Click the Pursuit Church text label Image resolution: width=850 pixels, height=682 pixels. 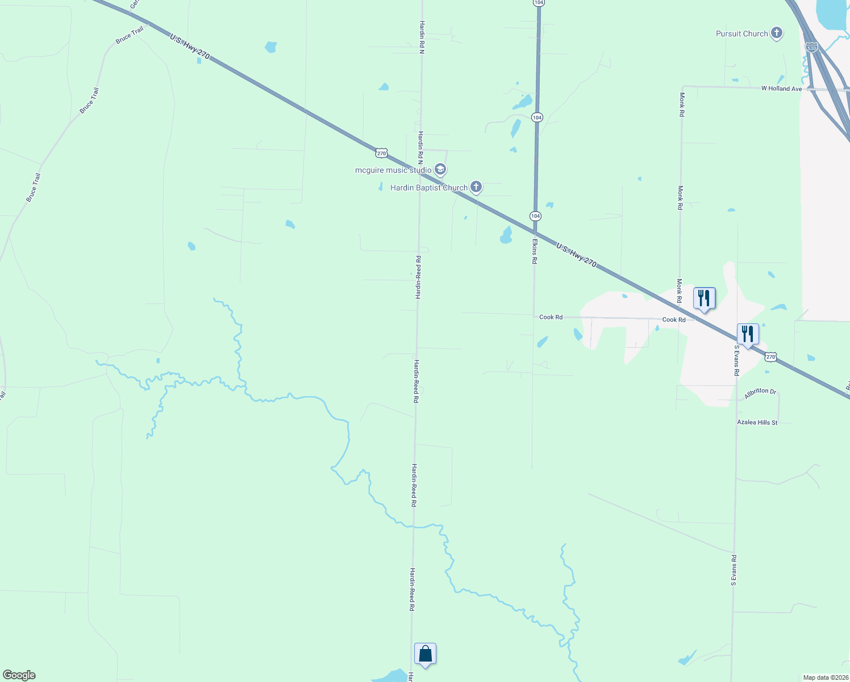point(741,34)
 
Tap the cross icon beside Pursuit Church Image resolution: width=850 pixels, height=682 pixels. point(777,34)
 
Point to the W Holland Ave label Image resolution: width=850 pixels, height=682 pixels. point(781,89)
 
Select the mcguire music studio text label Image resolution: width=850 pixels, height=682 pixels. point(393,170)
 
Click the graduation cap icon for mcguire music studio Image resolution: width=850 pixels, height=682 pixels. point(440,169)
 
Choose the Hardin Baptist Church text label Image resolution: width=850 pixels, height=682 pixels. point(429,188)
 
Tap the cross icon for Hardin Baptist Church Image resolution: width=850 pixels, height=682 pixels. point(476,187)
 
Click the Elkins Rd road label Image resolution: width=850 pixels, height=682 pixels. point(535,251)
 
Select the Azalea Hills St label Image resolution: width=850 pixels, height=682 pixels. point(757,422)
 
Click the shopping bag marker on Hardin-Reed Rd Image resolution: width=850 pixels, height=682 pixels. point(425,654)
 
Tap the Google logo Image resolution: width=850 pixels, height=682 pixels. point(19,675)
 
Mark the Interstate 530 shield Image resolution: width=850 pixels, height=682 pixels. point(811,48)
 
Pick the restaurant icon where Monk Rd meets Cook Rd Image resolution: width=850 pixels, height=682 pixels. point(704,298)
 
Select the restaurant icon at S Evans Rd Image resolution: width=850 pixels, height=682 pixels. point(748,334)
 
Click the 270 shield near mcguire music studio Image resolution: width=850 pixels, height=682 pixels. point(381,153)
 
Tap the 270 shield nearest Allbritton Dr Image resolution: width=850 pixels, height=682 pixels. point(770,357)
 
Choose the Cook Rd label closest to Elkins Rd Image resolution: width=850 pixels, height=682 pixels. point(551,317)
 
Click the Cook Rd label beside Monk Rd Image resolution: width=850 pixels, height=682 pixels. point(674,319)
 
